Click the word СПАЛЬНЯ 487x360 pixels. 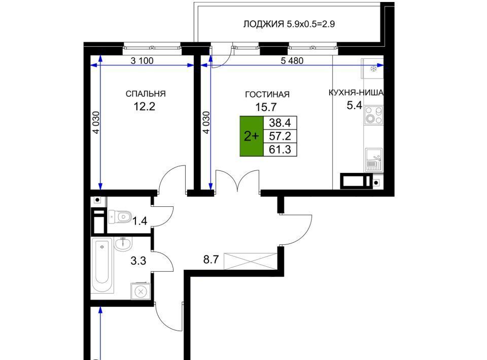(146, 94)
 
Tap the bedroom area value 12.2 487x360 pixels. (144, 107)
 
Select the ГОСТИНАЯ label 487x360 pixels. (267, 94)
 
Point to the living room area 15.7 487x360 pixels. (266, 107)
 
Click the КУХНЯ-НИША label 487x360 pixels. (356, 92)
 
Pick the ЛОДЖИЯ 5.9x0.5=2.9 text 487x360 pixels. (289, 24)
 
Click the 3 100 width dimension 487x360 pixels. (142, 61)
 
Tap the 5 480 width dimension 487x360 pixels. (292, 61)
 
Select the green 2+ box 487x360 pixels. (251, 136)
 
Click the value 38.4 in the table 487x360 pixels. (280, 123)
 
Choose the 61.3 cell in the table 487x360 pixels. (280, 150)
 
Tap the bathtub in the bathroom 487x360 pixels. (102, 265)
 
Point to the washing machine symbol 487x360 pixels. (141, 292)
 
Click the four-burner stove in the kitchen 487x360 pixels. (374, 115)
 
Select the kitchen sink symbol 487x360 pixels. (374, 160)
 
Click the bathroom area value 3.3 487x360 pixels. (138, 261)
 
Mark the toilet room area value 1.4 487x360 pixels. (140, 221)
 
